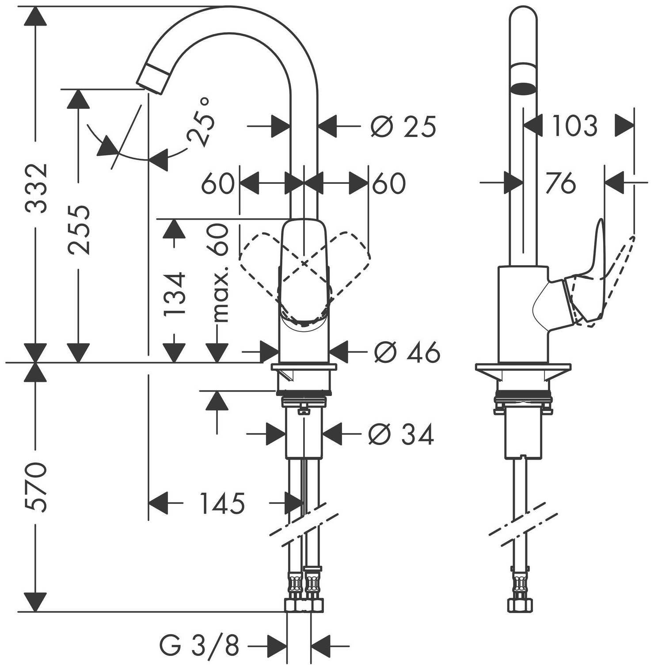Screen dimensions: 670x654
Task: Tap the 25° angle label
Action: click(202, 122)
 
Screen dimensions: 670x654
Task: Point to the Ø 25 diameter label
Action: click(403, 126)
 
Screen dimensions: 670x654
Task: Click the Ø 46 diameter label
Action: click(407, 352)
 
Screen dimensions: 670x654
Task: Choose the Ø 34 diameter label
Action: click(401, 434)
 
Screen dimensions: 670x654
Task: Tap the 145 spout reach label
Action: click(222, 503)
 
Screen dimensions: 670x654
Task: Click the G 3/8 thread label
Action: click(199, 646)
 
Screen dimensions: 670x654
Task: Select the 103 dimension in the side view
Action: click(574, 126)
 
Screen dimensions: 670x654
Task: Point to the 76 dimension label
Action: click(560, 183)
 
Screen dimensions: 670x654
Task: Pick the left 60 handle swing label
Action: click(217, 183)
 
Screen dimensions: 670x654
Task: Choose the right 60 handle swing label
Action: click(388, 183)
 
